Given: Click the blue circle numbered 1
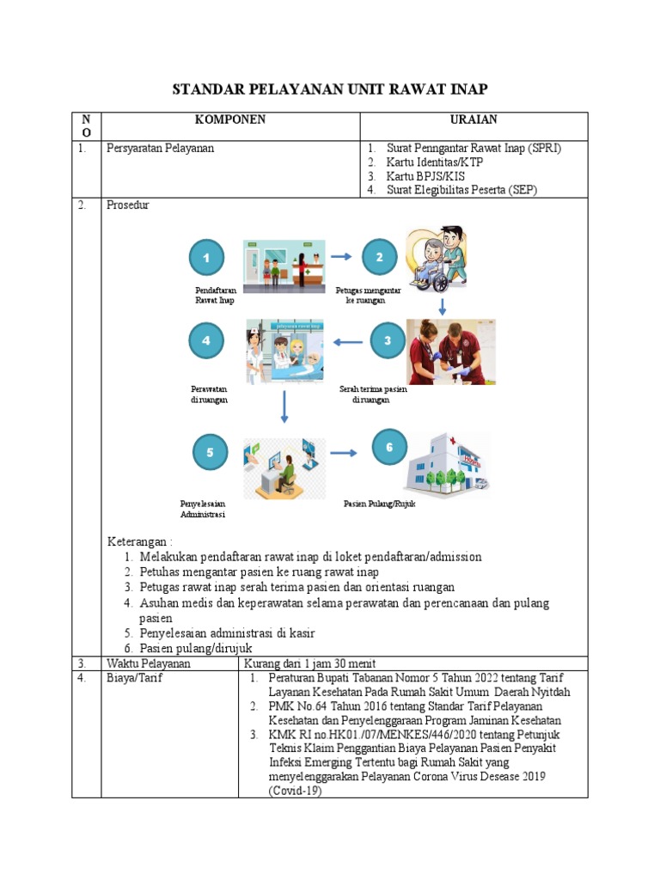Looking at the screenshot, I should click(x=206, y=257).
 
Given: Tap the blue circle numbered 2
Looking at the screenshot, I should click(x=380, y=257).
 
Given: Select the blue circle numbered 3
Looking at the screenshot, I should click(x=388, y=341).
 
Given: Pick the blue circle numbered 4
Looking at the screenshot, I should click(x=206, y=341).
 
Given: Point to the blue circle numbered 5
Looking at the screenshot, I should click(x=210, y=452).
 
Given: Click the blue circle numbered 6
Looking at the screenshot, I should click(x=389, y=448).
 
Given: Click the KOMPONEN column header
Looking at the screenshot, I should click(x=229, y=120).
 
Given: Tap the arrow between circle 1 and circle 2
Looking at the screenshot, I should click(x=341, y=256).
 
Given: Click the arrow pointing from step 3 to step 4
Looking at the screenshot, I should click(x=348, y=342).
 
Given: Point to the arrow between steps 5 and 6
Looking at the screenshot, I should click(x=344, y=452).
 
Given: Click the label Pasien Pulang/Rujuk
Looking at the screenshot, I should click(x=380, y=504).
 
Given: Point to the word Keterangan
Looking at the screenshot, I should click(x=139, y=542).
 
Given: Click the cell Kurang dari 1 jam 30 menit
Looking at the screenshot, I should click(x=310, y=663).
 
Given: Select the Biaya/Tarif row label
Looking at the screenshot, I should click(x=134, y=678).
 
